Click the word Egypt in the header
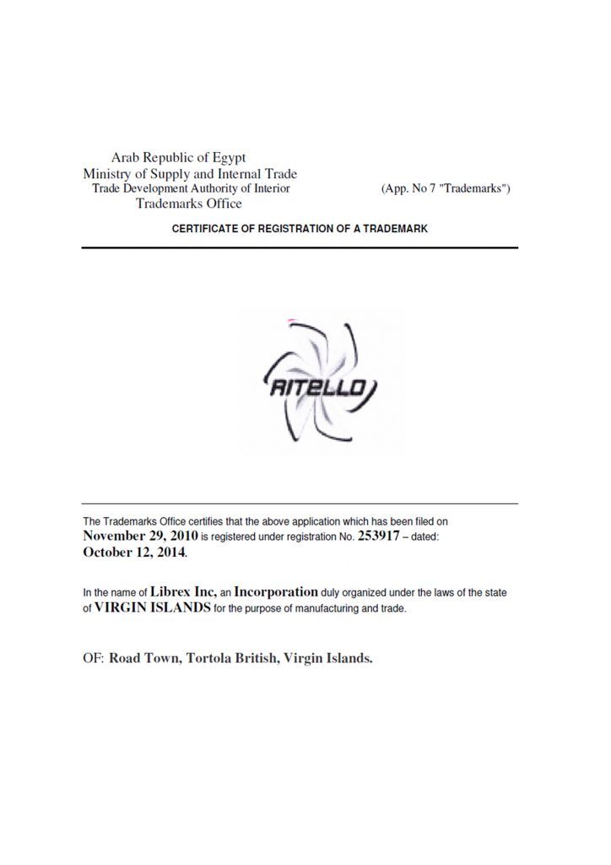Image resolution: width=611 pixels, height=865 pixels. (226, 158)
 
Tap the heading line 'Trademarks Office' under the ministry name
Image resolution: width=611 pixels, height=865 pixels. (189, 204)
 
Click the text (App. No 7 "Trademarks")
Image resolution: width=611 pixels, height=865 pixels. (446, 189)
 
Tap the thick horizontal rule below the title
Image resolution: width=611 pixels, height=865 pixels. (300, 248)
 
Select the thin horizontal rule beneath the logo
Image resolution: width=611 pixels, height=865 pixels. (300, 503)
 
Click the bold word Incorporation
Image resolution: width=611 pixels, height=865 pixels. (276, 592)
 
